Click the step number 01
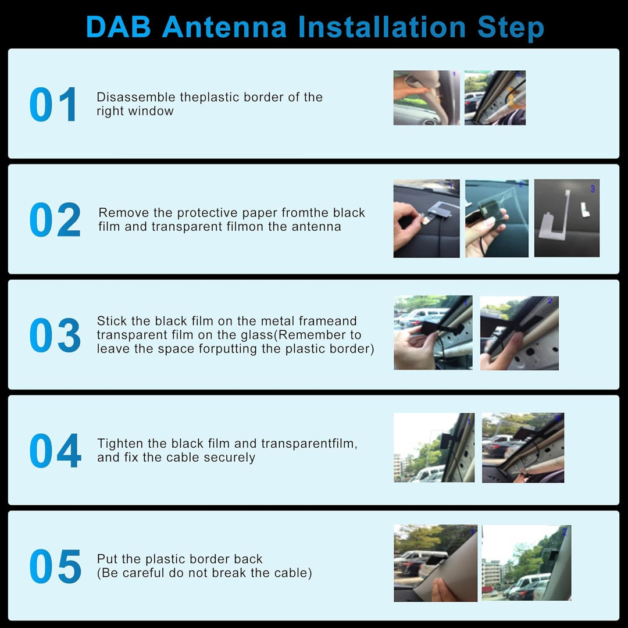53,105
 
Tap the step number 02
55,220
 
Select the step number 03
55,335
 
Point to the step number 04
55,451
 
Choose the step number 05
55,566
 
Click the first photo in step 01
426,98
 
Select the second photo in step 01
495,98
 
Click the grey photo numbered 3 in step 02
566,218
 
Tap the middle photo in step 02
497,218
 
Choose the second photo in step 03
519,333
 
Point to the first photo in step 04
434,448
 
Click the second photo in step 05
526,563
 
